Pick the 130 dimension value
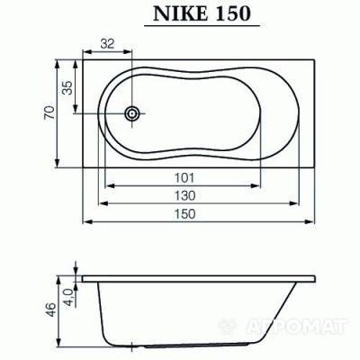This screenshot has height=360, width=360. coord(185,194)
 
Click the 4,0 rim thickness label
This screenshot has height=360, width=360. coord(67,297)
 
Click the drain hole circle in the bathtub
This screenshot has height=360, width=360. coord(134,114)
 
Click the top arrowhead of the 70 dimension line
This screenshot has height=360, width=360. coord(59,65)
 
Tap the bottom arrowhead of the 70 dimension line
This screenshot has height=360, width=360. coord(59,164)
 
